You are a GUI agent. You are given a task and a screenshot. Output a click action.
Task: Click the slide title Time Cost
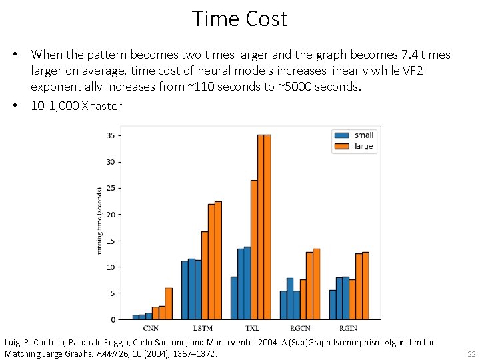tap(239, 19)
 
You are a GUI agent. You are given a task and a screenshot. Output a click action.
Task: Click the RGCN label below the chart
tap(300, 328)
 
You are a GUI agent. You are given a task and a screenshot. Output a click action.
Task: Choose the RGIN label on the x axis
tap(349, 328)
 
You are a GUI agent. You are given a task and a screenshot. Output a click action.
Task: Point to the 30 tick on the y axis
tap(111, 162)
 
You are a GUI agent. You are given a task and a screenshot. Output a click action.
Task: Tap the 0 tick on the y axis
tap(113, 319)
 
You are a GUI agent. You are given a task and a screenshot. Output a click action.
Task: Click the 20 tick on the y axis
tap(111, 214)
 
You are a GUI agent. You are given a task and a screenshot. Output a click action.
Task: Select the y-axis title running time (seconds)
tap(100, 220)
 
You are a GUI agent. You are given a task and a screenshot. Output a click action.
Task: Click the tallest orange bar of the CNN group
tap(169, 303)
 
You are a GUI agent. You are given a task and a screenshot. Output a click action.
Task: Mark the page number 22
tap(471, 353)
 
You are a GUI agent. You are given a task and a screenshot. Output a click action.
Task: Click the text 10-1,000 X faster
tap(77, 106)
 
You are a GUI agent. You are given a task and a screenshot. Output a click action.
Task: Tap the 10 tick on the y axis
tap(111, 267)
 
